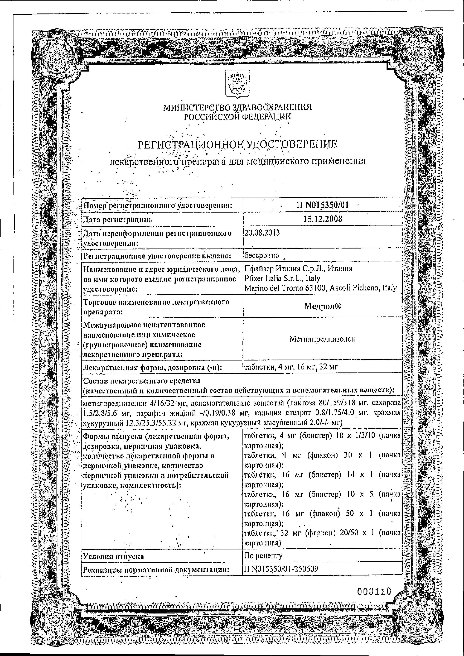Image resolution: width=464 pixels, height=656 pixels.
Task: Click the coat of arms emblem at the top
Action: (x=237, y=85)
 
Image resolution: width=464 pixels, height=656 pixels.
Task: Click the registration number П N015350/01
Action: (x=323, y=205)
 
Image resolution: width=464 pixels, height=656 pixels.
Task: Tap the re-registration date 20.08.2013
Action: (x=262, y=232)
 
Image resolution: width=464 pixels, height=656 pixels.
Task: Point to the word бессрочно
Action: (x=261, y=255)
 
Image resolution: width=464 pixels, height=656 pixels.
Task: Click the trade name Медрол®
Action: (x=323, y=306)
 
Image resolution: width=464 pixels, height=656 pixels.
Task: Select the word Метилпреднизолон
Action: (x=323, y=339)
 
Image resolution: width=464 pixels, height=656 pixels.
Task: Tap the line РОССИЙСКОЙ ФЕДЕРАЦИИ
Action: (x=237, y=116)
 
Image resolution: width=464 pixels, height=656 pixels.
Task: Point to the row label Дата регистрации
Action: (x=117, y=220)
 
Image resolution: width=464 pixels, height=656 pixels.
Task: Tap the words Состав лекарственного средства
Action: (x=141, y=381)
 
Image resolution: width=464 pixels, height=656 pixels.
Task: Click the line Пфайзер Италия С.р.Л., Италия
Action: (x=298, y=268)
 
